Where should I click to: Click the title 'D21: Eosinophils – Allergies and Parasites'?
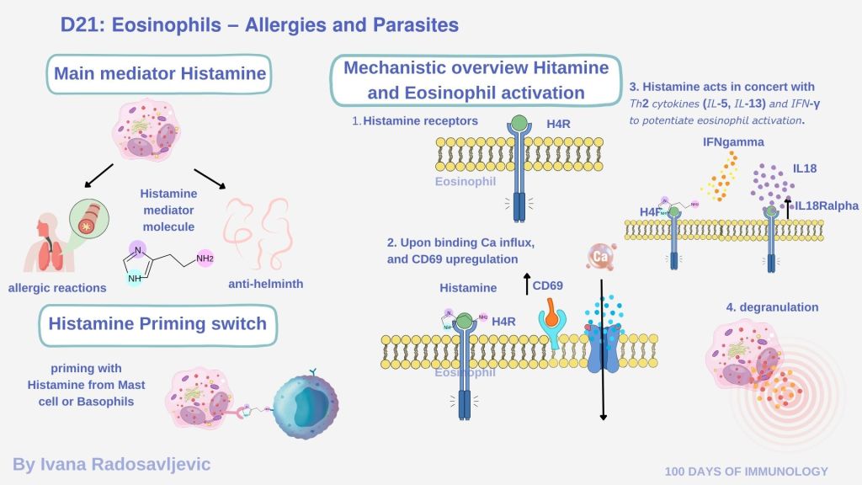(259, 25)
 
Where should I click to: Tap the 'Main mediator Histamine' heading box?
(160, 74)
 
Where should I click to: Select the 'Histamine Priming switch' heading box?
(157, 324)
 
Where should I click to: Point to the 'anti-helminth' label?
(266, 284)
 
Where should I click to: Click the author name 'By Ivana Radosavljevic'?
(112, 464)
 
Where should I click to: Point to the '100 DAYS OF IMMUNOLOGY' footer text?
(746, 472)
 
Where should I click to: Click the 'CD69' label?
(547, 286)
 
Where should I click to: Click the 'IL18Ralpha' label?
(825, 205)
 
